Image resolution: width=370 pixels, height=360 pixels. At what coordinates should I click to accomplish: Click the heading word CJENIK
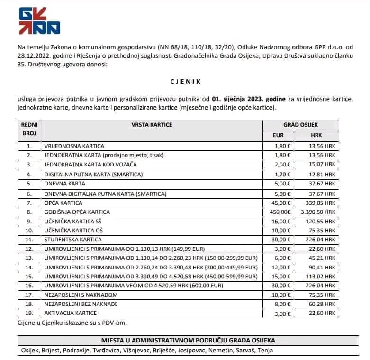coord(185,82)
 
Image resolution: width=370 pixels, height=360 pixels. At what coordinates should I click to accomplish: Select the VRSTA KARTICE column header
coord(152,125)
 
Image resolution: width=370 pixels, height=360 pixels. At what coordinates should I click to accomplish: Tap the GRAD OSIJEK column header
coord(300,125)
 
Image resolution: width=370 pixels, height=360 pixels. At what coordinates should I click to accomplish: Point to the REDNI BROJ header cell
coord(27,129)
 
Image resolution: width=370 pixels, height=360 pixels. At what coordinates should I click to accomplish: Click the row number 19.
coord(29,313)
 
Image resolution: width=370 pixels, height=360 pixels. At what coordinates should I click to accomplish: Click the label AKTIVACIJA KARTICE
coord(70,313)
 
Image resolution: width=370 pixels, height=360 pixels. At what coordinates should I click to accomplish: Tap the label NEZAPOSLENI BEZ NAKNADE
coord(80,304)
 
